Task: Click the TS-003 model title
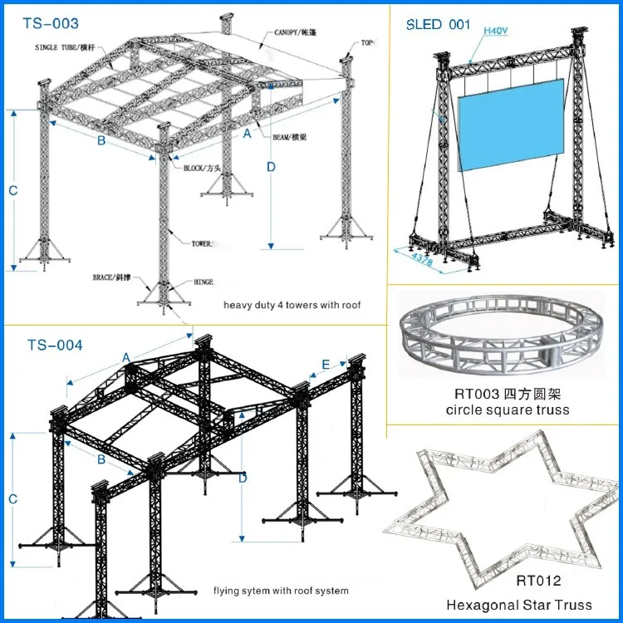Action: click(x=51, y=24)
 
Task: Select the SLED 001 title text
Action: click(x=437, y=24)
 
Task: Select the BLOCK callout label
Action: click(x=205, y=167)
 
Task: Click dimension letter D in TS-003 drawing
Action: click(x=271, y=166)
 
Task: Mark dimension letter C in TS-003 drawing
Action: click(x=12, y=190)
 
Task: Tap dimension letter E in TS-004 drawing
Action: click(x=325, y=363)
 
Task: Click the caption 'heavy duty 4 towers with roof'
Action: click(x=292, y=305)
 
